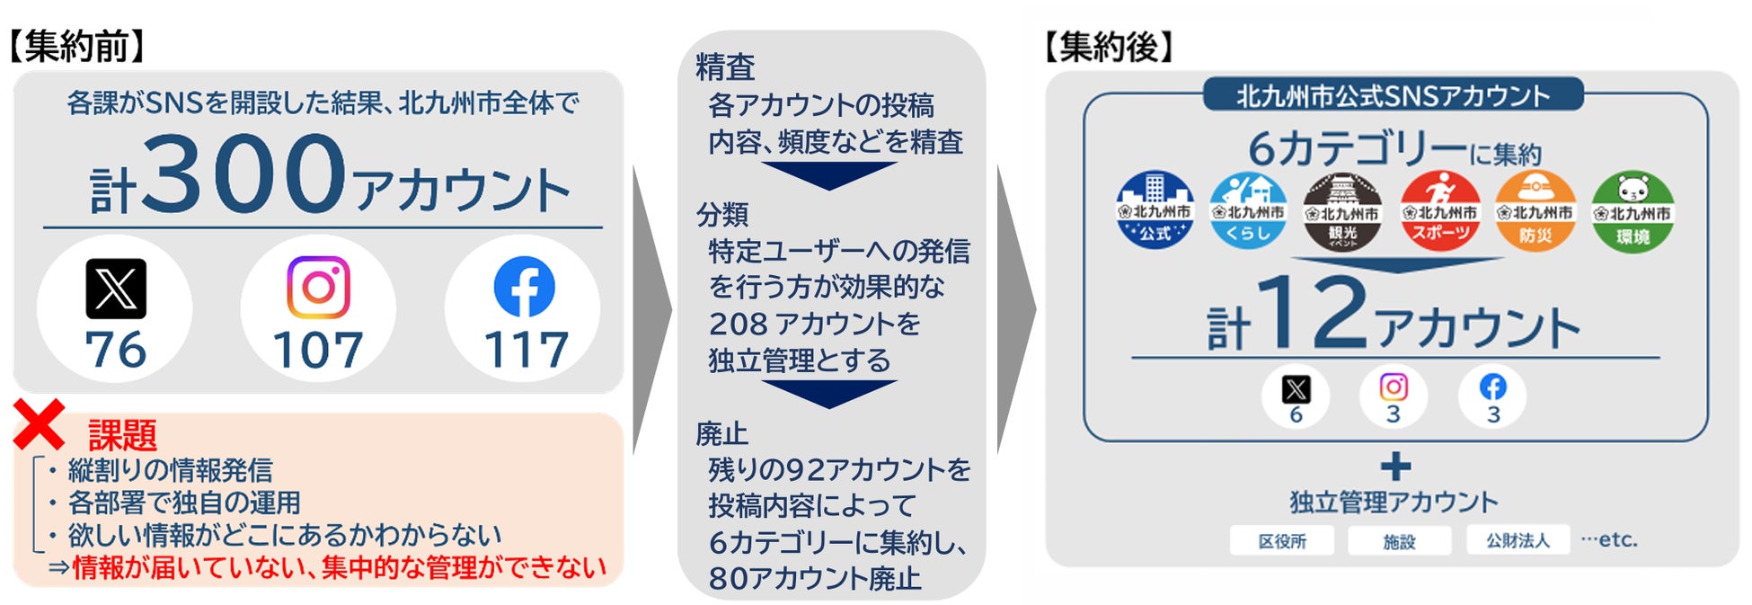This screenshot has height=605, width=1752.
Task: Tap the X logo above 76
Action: [116, 289]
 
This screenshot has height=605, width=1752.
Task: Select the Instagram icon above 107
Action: [318, 288]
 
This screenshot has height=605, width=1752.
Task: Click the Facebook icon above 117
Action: [524, 288]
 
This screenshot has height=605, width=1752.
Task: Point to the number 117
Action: [526, 350]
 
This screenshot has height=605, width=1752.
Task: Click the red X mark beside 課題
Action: [39, 424]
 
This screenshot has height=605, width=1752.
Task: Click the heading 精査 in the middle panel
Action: [725, 67]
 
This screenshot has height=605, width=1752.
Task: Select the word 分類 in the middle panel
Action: [722, 215]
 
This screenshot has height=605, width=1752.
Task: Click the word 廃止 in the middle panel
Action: [722, 434]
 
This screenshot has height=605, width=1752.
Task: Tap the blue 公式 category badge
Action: [1155, 210]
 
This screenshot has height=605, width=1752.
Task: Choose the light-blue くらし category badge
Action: [1248, 211]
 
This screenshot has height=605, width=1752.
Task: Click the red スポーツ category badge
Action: [1440, 211]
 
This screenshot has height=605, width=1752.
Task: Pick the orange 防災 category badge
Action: [1535, 211]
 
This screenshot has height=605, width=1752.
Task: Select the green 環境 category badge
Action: [1632, 212]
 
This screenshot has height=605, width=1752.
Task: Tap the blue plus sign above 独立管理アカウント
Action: [1395, 467]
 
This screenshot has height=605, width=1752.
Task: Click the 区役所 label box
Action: [1282, 541]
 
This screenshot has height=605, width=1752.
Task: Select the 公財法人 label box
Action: [1518, 540]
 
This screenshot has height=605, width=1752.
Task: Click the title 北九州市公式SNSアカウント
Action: [1393, 96]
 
